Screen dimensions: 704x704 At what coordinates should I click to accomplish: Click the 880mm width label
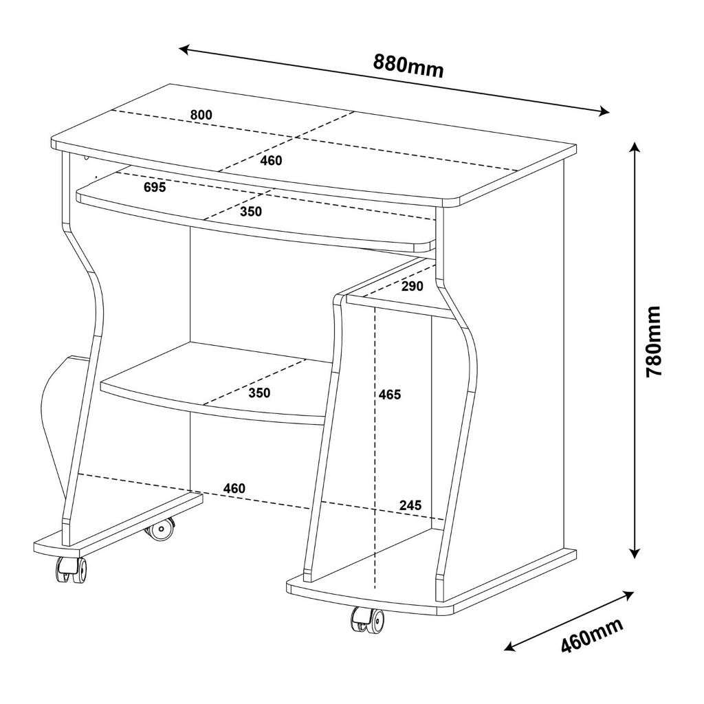coord(408,66)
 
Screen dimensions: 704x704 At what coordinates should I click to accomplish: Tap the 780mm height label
coord(653,342)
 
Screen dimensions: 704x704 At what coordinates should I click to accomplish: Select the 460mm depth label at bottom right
coord(592,635)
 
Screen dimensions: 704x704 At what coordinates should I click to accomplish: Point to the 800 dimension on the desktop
coord(201,115)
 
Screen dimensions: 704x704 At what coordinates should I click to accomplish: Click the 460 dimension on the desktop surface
coord(271,160)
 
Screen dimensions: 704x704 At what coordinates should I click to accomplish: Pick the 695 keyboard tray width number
coord(155,187)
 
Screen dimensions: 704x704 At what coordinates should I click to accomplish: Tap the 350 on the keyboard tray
coord(250,212)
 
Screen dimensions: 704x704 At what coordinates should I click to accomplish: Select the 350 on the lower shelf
coord(259,393)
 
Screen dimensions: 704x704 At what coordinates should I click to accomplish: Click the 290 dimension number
coord(412,286)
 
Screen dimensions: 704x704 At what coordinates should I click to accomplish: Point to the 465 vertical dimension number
coord(390,395)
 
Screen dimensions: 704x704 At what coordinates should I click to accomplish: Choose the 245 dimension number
coord(410,505)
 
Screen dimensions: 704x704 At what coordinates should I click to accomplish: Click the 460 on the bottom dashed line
coord(234,489)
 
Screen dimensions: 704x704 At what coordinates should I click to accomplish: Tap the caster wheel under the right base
coord(367,620)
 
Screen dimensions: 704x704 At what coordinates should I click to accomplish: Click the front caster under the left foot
coord(71,570)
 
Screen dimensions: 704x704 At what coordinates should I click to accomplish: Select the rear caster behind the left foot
coord(159,529)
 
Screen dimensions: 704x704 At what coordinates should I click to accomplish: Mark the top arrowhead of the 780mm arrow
coord(634,148)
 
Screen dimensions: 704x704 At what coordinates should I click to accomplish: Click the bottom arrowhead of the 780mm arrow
coord(634,552)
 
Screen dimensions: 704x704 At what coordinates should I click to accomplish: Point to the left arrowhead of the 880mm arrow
coord(185,49)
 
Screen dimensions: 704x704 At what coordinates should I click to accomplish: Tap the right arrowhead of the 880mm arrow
coord(604,111)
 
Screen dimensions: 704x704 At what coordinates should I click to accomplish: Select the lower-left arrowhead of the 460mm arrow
coord(510,646)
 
